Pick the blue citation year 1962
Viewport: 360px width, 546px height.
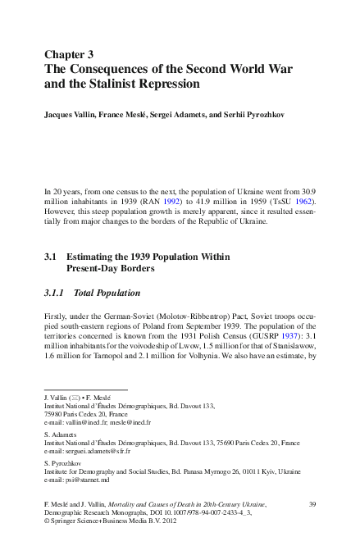[x=303, y=200]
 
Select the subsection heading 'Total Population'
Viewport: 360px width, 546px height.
[x=107, y=293]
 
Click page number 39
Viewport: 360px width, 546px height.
[x=312, y=503]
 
